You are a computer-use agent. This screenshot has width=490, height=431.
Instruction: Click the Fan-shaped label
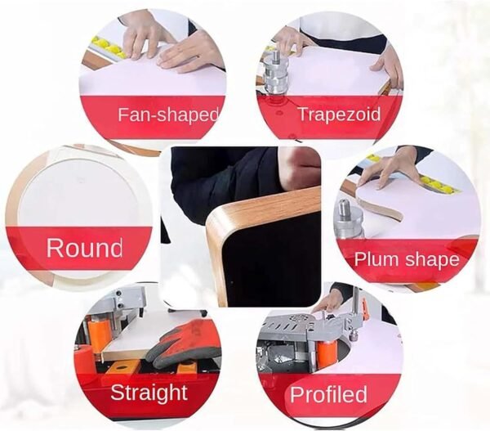(167, 114)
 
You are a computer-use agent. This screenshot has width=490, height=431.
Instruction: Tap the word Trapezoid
(340, 114)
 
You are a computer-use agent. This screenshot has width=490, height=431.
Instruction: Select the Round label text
(84, 248)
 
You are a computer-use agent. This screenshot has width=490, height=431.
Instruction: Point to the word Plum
(376, 260)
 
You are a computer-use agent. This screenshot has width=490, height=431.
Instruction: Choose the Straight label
(149, 393)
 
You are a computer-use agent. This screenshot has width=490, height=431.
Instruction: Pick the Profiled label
(328, 394)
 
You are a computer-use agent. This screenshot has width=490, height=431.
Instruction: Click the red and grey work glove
(182, 344)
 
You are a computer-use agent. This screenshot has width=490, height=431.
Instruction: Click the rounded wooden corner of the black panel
(218, 222)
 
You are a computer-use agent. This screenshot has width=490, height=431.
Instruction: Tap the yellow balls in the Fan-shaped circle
(109, 47)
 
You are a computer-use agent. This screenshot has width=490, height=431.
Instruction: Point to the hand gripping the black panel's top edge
(298, 169)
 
